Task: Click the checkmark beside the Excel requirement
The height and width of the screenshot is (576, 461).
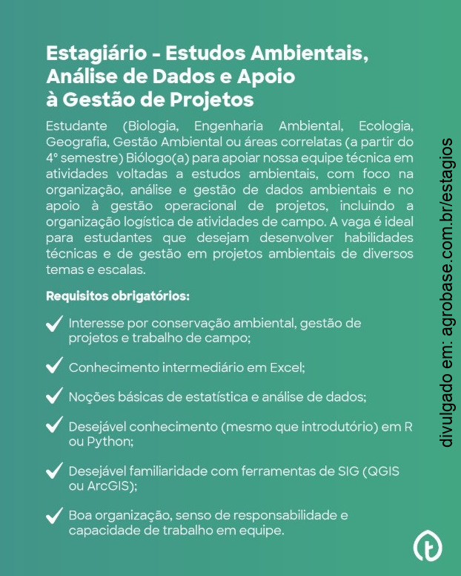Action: [x=53, y=367]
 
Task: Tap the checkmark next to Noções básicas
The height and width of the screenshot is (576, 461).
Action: [x=53, y=396]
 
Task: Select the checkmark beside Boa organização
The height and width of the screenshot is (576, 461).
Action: [x=53, y=515]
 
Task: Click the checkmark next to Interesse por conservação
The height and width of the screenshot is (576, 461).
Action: [x=53, y=323]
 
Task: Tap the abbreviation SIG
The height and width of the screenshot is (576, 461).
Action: [x=348, y=471]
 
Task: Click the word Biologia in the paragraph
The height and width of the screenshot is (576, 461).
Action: [x=155, y=125]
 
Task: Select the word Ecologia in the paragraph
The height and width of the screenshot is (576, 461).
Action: [x=385, y=125]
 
